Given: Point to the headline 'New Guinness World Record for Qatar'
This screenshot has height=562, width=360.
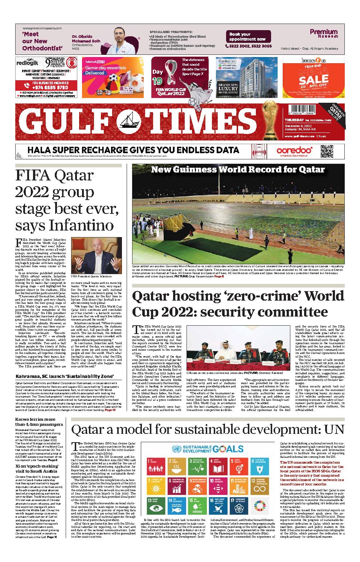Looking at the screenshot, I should click(238, 170).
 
